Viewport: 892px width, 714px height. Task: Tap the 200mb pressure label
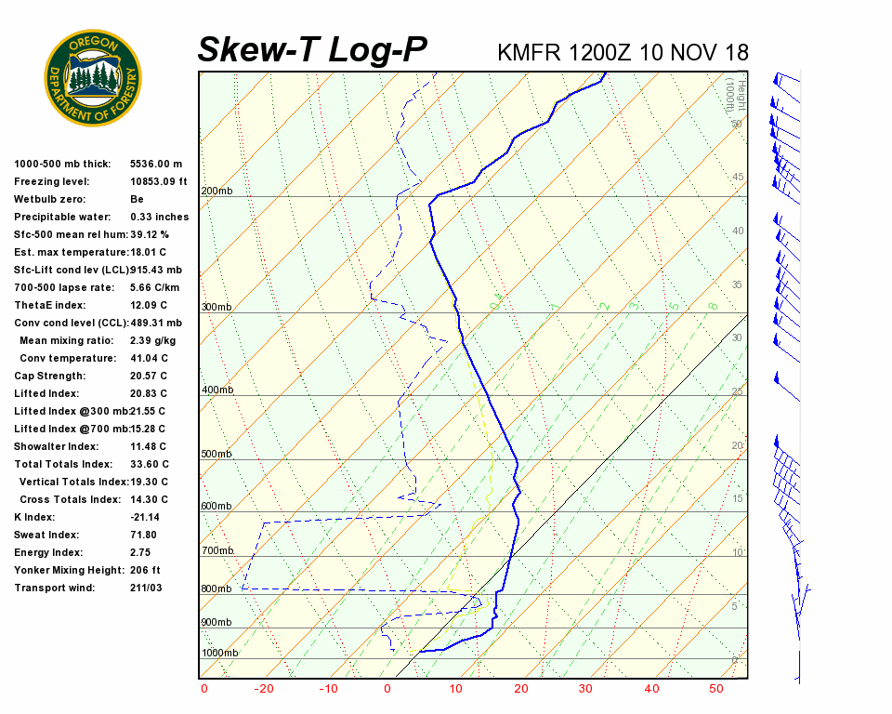216,192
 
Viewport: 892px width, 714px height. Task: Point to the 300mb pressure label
216,308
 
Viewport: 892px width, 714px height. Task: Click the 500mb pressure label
216,455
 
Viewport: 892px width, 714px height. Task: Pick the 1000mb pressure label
219,654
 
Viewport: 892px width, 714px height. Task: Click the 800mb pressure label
216,589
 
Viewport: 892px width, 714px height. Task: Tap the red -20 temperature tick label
264,689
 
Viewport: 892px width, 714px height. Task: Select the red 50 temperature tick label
716,689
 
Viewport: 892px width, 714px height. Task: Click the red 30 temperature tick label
585,689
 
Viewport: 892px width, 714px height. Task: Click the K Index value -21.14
145,518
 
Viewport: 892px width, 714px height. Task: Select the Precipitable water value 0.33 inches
159,218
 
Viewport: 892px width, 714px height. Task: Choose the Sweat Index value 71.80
143,535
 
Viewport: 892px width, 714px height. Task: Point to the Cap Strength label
49,377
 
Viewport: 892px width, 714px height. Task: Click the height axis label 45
738,178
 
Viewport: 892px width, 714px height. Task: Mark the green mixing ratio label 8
713,305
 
